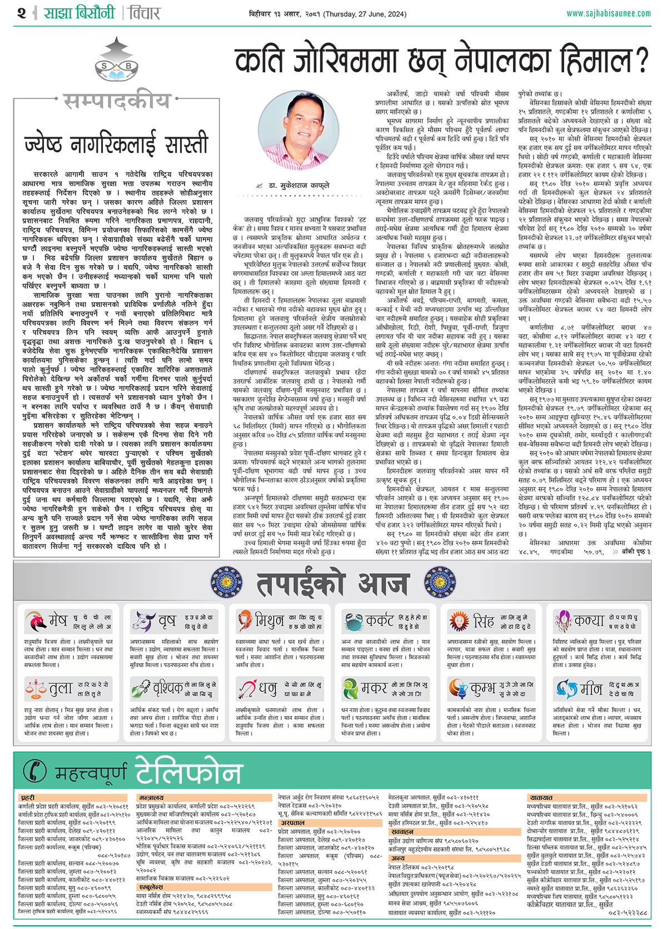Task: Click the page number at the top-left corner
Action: (x=21, y=13)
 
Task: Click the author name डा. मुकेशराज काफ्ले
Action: (x=300, y=185)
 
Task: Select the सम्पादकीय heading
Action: (x=116, y=101)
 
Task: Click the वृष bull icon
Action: (x=142, y=621)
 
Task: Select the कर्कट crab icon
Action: (x=353, y=621)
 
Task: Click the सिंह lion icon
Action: (x=459, y=621)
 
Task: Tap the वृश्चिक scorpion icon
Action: (x=141, y=689)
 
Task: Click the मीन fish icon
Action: (x=565, y=689)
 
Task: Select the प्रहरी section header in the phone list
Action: (x=28, y=798)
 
